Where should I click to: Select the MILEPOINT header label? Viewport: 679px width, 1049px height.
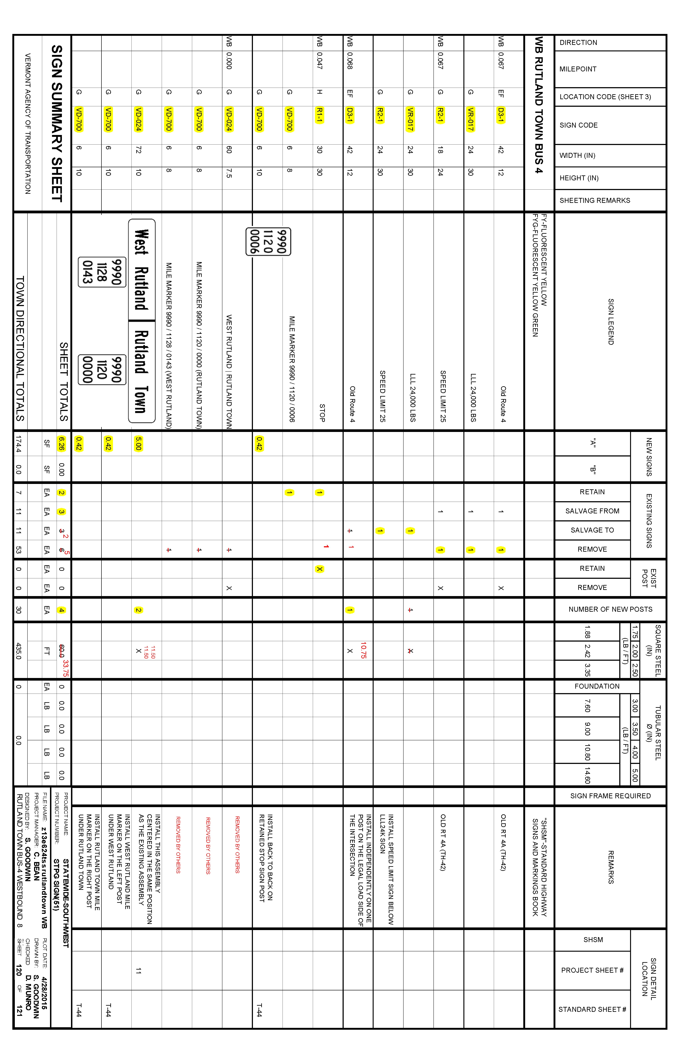tap(578, 69)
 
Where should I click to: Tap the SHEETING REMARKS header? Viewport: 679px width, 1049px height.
tap(594, 201)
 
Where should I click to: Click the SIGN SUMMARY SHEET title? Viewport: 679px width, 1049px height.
tap(57, 123)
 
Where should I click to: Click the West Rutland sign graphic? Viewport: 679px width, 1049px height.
tap(141, 270)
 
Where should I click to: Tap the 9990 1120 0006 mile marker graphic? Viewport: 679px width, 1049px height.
tap(268, 242)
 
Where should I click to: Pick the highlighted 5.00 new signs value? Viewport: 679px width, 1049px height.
tap(138, 443)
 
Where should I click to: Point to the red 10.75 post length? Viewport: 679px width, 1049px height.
tap(363, 650)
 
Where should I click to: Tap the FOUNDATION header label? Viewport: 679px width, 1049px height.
tap(597, 686)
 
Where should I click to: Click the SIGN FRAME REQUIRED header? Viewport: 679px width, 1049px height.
tap(610, 796)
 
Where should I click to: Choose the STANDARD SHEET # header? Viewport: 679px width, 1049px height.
tap(592, 1009)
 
